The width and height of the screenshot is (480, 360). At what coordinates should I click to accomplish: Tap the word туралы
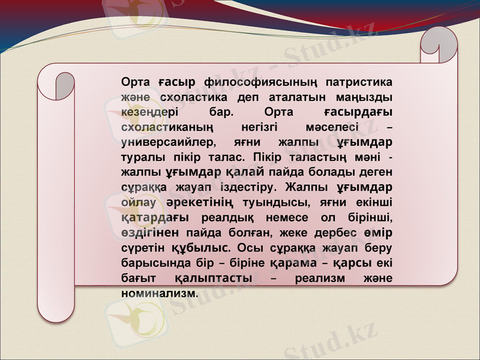pos(139,158)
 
